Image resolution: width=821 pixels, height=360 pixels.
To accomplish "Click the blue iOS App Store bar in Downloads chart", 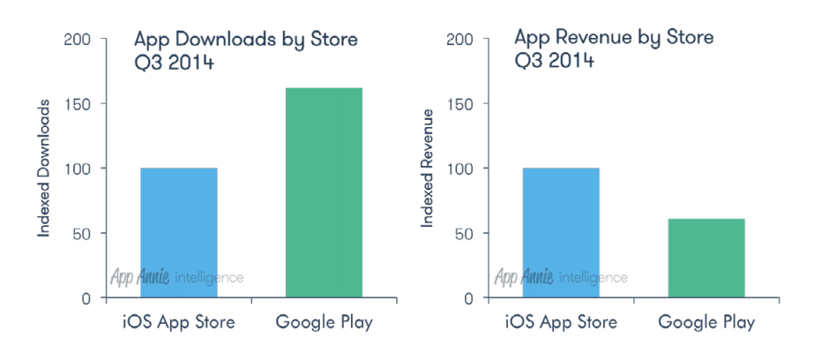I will [179, 232].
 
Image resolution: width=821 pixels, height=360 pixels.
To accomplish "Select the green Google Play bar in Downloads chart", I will [325, 191].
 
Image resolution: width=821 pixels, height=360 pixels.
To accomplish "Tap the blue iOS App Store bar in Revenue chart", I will [561, 232].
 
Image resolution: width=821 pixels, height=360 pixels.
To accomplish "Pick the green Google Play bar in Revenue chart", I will [706, 258].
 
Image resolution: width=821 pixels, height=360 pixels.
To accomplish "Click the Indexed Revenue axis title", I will [426, 168].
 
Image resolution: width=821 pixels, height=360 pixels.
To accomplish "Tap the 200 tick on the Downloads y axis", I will [78, 40].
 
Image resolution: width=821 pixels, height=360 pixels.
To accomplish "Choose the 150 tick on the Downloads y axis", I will [78, 104].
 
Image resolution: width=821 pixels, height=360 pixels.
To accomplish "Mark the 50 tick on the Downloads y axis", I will [81, 234].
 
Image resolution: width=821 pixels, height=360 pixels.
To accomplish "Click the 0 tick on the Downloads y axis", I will [85, 298].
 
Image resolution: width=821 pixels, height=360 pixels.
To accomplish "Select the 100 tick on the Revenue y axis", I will [460, 169].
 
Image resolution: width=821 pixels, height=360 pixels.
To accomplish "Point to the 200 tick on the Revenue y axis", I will [460, 40].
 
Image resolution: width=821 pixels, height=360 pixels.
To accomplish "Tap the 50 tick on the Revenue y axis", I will [464, 234].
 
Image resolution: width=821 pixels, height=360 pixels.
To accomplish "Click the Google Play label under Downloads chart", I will [325, 322].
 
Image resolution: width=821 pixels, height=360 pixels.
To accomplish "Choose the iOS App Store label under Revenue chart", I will [561, 322].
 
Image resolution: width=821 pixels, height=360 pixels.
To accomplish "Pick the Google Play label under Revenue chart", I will [706, 322].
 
